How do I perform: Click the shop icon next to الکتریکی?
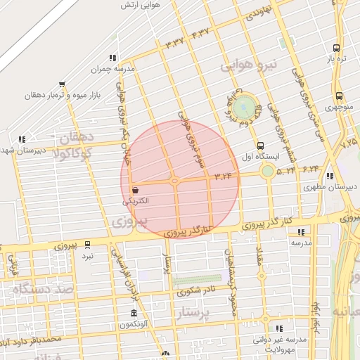pyautogui.click(x=135, y=190)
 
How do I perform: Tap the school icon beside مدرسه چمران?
pyautogui.click(x=112, y=58)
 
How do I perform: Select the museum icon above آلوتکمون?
pyautogui.click(x=134, y=313)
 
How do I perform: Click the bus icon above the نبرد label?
pyautogui.click(x=87, y=245)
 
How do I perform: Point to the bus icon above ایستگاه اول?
pyautogui.click(x=261, y=145)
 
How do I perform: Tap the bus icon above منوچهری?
pyautogui.click(x=339, y=96)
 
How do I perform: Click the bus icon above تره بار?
pyautogui.click(x=336, y=49)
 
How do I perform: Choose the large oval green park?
pyautogui.click(x=245, y=108)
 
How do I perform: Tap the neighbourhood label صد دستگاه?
pyautogui.click(x=43, y=288)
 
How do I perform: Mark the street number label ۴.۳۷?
pyautogui.click(x=200, y=32)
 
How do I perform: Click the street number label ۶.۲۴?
pyautogui.click(x=310, y=169)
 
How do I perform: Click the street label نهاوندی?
pyautogui.click(x=257, y=11)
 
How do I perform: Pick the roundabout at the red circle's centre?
pyautogui.click(x=176, y=181)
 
